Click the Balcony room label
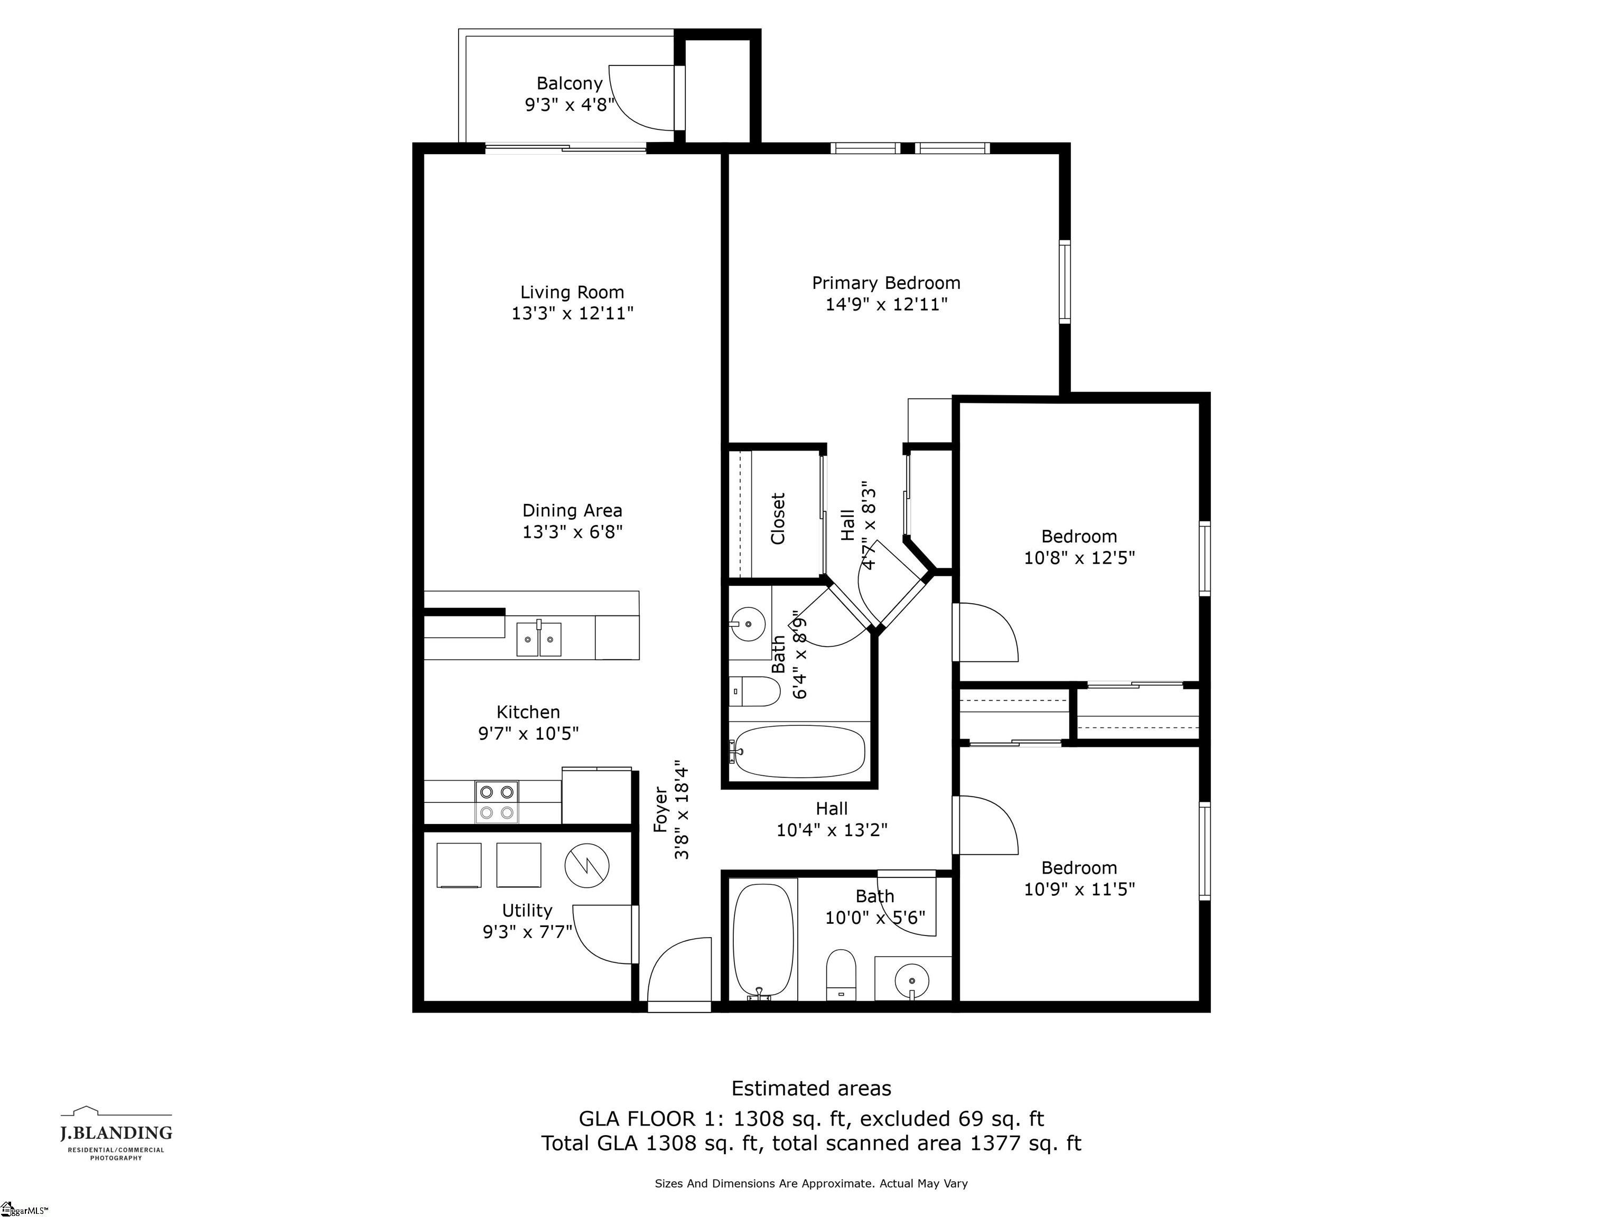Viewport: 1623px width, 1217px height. click(570, 83)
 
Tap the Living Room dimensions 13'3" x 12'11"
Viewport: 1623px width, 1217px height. click(572, 313)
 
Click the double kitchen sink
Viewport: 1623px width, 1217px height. click(539, 638)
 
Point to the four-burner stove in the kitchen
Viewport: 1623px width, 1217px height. click(497, 801)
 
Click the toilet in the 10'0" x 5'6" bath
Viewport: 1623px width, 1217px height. click(842, 973)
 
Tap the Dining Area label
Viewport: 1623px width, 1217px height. click(572, 511)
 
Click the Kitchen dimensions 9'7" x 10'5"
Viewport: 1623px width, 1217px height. click(528, 733)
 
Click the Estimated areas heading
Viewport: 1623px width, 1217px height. click(811, 1088)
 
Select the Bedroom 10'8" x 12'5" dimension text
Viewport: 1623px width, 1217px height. click(1079, 557)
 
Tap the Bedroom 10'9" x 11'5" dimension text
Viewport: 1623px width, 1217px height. click(1079, 889)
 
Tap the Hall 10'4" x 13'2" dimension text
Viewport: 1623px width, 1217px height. click(832, 830)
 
